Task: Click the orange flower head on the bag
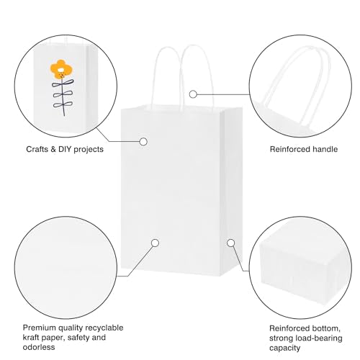coord(60,69)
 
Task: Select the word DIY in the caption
coord(65,149)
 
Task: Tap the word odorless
coord(39,347)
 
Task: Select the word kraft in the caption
coord(31,338)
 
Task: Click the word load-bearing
coord(320,338)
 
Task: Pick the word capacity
coord(284,348)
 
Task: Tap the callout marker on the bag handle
coord(193,94)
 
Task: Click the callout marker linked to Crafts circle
coord(143,142)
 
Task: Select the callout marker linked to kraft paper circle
coord(155,243)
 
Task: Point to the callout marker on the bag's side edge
coord(231,243)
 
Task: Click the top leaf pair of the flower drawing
coord(63,84)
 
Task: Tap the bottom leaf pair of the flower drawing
coord(63,104)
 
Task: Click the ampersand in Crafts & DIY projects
coord(53,149)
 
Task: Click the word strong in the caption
coord(282,338)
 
